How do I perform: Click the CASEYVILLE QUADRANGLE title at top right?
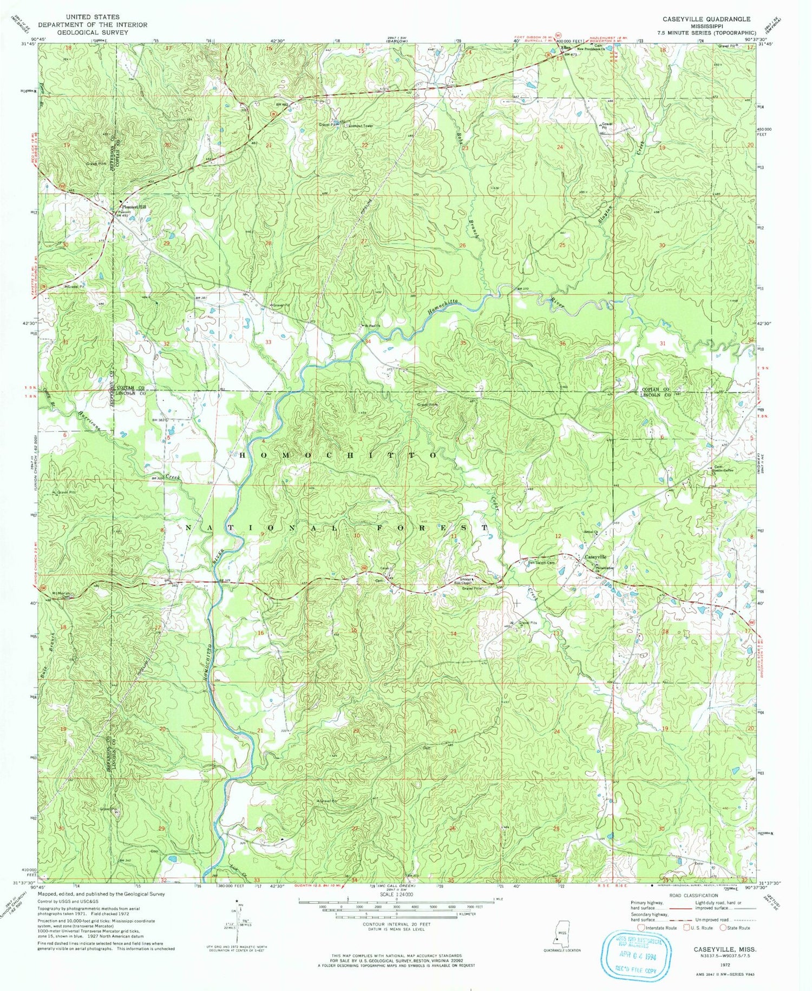pos(706,19)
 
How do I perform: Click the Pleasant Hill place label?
pos(134,207)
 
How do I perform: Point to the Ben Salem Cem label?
pos(539,562)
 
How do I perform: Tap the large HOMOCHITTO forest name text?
pos(338,456)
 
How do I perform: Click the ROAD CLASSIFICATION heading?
pos(692,896)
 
